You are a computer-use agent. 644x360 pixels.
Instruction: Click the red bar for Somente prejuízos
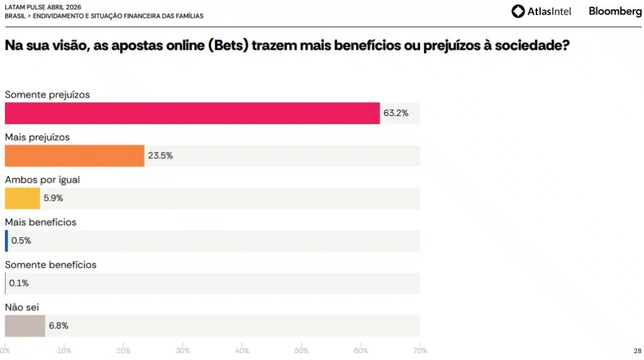click(x=192, y=113)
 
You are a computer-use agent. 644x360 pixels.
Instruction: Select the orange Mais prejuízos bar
click(x=74, y=156)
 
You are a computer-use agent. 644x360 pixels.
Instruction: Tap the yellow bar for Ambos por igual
click(x=22, y=198)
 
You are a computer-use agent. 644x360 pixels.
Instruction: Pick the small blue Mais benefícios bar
click(x=6, y=240)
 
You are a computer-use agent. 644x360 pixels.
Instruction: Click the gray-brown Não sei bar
click(x=25, y=326)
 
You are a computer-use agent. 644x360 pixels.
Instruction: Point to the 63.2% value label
click(x=396, y=113)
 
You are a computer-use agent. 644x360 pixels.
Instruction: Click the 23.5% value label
click(x=160, y=156)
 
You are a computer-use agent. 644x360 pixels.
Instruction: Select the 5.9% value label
click(x=53, y=198)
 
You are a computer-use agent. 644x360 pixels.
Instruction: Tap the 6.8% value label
click(x=58, y=326)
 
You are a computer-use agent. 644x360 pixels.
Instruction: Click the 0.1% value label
click(x=19, y=283)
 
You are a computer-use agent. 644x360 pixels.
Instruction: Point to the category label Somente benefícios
click(x=50, y=265)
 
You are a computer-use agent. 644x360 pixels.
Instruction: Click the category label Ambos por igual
click(x=42, y=179)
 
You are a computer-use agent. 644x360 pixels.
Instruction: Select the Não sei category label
click(x=23, y=307)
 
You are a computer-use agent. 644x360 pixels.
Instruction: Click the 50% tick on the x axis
click(x=301, y=351)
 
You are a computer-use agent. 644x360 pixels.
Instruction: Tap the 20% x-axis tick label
click(x=124, y=351)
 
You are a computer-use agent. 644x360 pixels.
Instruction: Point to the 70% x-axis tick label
click(x=419, y=351)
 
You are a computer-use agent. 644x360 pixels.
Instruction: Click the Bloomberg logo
click(x=615, y=11)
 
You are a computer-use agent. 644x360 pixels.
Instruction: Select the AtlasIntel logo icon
click(x=518, y=11)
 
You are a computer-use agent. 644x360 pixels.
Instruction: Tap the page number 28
click(x=637, y=351)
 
